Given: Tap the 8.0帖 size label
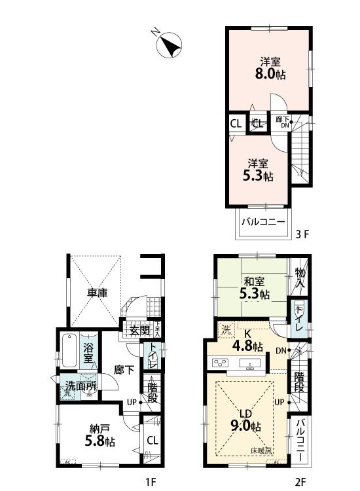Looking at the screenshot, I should click(270, 75).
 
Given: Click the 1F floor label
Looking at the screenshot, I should click(151, 482).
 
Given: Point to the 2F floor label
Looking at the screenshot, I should click(300, 482).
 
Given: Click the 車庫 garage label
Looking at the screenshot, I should click(98, 293).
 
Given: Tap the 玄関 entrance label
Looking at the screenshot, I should click(139, 330).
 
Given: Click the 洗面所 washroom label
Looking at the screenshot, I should click(80, 386).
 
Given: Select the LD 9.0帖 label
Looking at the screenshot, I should click(247, 420).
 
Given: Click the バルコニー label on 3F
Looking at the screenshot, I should click(262, 223).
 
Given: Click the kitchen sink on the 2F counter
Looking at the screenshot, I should click(249, 363).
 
